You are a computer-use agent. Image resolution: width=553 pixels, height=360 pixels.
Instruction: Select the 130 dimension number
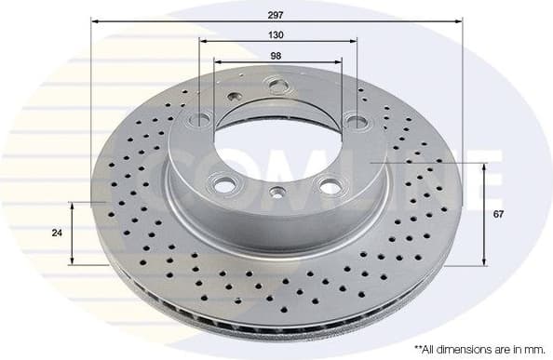276,34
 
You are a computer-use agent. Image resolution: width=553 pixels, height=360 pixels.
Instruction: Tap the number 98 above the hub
276,55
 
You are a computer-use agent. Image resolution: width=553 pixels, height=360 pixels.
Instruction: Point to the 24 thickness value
57,233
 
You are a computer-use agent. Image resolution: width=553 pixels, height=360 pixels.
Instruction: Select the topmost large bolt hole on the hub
276,86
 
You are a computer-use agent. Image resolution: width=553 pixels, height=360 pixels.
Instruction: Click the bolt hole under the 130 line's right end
354,120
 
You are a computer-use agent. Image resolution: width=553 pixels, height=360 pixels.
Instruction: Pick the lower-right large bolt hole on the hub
330,186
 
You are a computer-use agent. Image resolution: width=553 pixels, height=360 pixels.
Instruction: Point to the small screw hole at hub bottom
276,193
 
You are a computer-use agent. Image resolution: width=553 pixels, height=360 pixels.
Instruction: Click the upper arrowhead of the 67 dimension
484,166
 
